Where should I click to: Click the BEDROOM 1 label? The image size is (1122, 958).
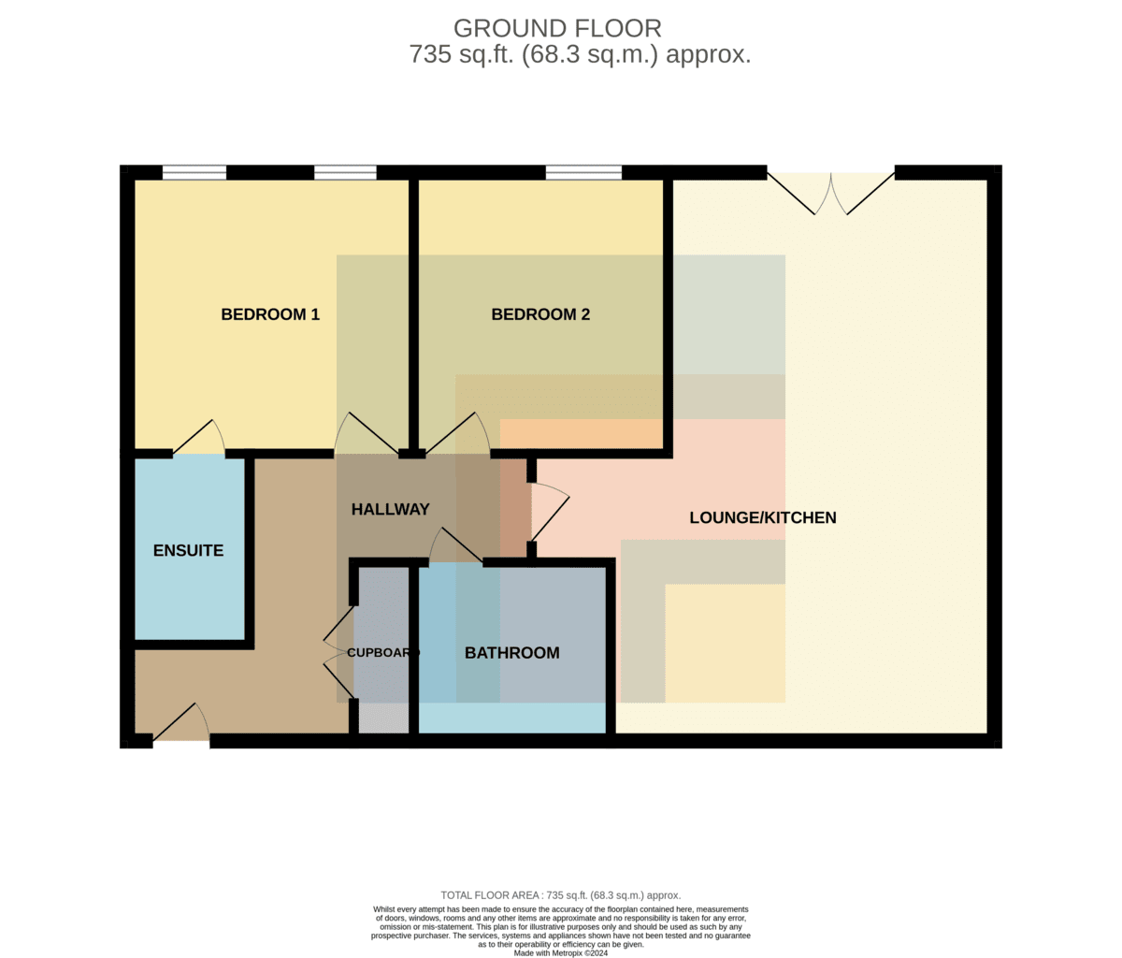click(270, 314)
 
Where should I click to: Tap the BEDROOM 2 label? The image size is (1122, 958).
click(540, 314)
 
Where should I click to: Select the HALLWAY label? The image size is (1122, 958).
click(390, 510)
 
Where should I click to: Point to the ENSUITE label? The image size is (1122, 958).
click(188, 551)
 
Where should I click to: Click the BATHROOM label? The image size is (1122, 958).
click(511, 653)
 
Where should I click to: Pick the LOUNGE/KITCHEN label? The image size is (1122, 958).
click(763, 517)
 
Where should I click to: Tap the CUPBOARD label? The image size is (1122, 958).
click(383, 653)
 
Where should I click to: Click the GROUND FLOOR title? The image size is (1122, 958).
click(557, 28)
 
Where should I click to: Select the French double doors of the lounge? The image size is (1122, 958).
click(830, 194)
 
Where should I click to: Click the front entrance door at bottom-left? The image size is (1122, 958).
click(181, 722)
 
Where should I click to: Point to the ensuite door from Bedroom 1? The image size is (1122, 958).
click(198, 437)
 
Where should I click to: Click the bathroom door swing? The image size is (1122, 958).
click(455, 544)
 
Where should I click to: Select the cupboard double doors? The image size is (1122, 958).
click(338, 651)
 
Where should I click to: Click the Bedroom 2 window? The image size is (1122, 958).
click(583, 172)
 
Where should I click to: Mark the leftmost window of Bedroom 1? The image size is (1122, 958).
click(194, 172)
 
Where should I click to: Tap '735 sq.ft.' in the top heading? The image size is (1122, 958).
click(461, 55)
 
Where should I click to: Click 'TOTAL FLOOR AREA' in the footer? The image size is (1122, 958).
click(489, 895)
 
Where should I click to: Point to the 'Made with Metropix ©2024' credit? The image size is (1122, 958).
click(561, 953)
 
